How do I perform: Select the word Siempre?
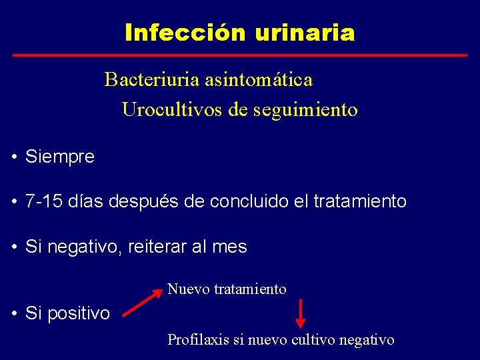coord(60,157)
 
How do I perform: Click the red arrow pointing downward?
coord(301,315)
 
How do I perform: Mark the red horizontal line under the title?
coord(240,55)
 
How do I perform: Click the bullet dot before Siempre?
coord(14,158)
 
